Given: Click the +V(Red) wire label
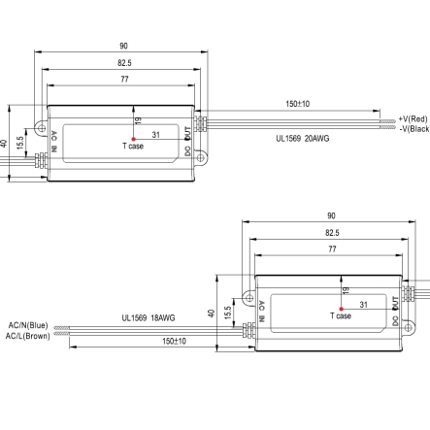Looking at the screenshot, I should click(x=413, y=117).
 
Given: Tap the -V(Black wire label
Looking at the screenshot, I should click(x=413, y=128).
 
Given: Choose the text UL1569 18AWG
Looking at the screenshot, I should click(x=147, y=316).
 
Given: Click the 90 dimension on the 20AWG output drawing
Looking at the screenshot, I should click(x=122, y=46).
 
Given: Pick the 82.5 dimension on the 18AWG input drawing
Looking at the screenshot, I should click(x=332, y=233).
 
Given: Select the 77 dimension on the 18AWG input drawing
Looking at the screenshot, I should click(x=332, y=249).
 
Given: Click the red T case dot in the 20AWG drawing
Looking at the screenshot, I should click(x=132, y=138).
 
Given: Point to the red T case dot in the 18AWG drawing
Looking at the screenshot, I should click(x=342, y=308).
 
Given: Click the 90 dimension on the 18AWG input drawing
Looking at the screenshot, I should click(x=332, y=216).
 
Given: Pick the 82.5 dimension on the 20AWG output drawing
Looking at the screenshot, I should click(x=122, y=63).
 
